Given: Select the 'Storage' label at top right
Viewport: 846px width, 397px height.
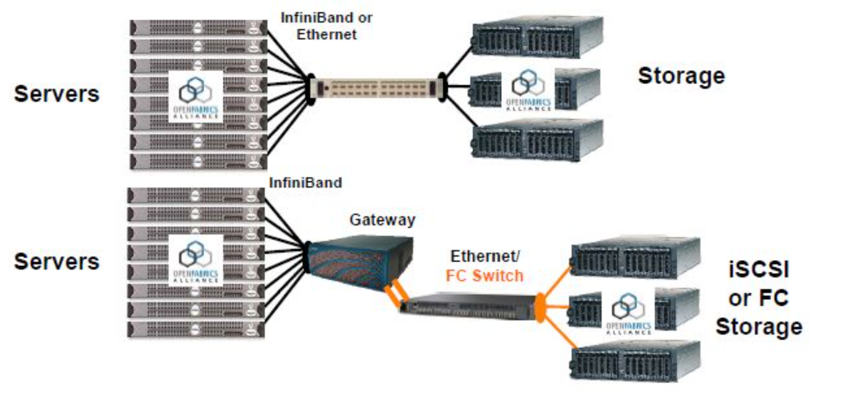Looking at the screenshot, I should [681, 76].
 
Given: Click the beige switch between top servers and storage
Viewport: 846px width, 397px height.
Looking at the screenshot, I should [377, 88].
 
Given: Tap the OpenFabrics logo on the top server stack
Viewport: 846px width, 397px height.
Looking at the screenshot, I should [196, 94].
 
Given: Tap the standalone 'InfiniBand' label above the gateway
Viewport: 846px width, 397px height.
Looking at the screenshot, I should [305, 183].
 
